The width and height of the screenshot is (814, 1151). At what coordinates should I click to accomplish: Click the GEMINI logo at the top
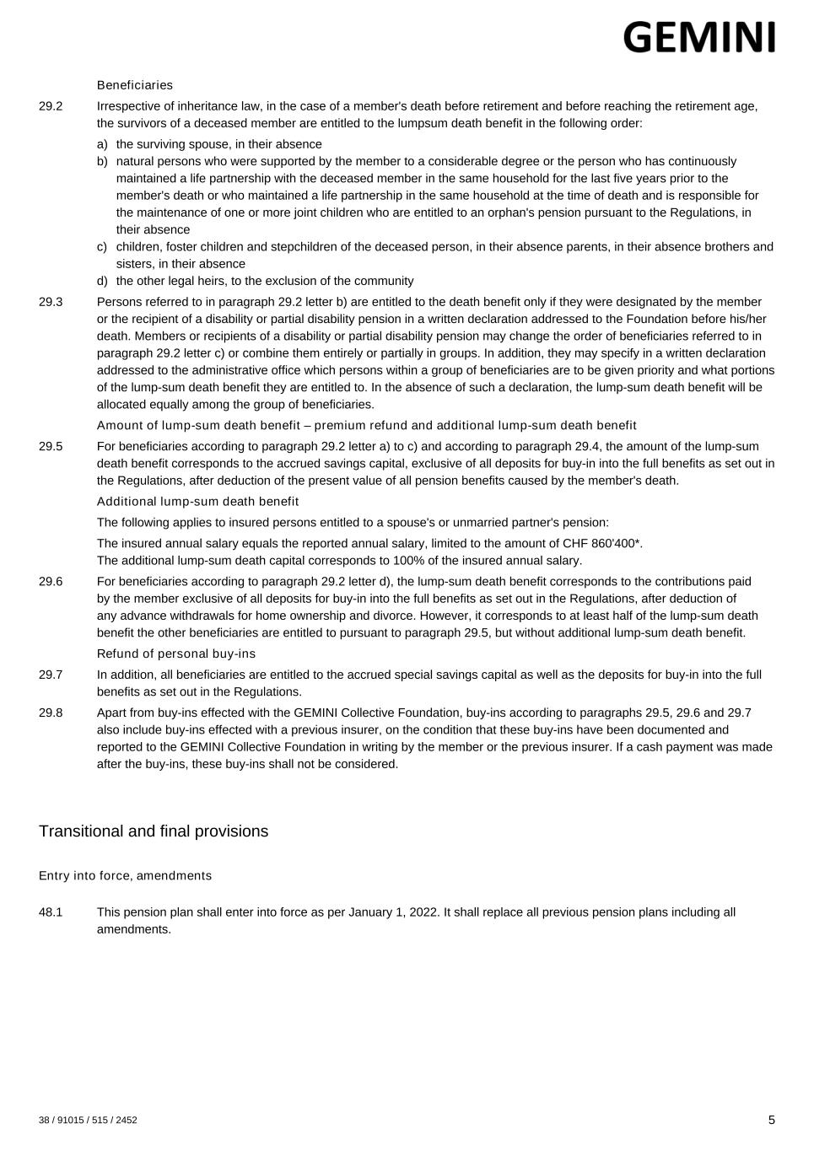[699, 37]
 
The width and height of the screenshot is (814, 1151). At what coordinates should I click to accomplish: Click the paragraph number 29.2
[51, 106]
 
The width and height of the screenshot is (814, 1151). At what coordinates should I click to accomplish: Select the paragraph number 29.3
[51, 302]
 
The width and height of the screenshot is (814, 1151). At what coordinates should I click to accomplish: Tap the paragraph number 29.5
[51, 446]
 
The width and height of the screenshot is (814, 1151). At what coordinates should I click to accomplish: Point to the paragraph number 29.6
[51, 582]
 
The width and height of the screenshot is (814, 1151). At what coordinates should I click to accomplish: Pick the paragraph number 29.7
[51, 675]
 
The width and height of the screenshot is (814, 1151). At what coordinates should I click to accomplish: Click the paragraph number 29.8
[51, 713]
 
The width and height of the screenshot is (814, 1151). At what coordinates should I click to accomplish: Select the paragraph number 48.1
[51, 912]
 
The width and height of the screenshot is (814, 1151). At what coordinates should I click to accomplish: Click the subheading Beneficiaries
[135, 85]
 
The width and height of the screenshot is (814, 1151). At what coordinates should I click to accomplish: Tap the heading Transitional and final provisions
[154, 831]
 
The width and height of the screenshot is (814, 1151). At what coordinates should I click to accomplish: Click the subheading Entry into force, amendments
[125, 876]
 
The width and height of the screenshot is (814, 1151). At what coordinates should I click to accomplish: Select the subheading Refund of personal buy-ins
[176, 653]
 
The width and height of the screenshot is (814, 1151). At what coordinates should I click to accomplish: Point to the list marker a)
[102, 144]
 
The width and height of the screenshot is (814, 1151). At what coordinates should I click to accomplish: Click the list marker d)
[102, 281]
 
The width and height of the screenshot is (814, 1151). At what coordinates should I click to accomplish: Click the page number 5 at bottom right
[771, 1120]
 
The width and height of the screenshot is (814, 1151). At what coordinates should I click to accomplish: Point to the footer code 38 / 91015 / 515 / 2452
[88, 1121]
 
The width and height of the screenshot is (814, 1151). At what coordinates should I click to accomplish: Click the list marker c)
[102, 247]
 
